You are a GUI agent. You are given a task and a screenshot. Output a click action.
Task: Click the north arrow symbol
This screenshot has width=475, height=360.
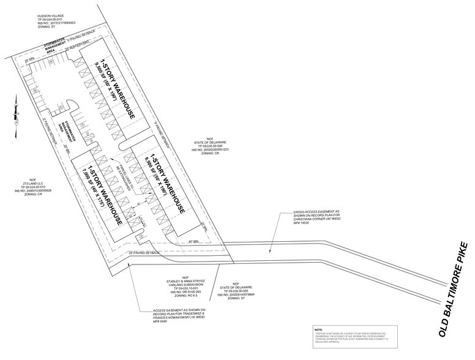click(12, 113)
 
